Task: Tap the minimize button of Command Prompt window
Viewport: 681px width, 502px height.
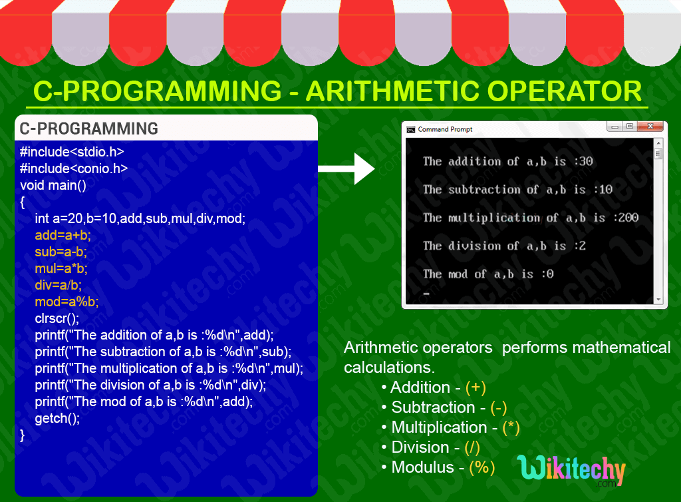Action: pyautogui.click(x=614, y=126)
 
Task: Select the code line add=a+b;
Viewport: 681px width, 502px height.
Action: pyautogui.click(x=63, y=235)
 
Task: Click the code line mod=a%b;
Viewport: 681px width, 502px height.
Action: pyautogui.click(x=67, y=302)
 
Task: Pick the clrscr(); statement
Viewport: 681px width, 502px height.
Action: pyautogui.click(x=57, y=318)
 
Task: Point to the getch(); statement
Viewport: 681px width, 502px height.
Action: pyautogui.click(x=57, y=418)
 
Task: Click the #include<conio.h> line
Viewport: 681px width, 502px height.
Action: pyautogui.click(x=74, y=168)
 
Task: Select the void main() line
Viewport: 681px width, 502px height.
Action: pyautogui.click(x=53, y=185)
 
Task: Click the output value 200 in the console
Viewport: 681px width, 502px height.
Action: pyautogui.click(x=628, y=218)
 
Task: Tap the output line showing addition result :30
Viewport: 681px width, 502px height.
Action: pyautogui.click(x=507, y=161)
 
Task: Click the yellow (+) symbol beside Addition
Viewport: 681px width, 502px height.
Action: pyautogui.click(x=476, y=387)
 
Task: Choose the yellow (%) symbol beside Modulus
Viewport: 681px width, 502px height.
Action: pyautogui.click(x=482, y=467)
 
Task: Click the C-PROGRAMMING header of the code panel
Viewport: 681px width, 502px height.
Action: pyautogui.click(x=89, y=128)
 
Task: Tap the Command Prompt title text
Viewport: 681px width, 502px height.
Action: pyautogui.click(x=445, y=129)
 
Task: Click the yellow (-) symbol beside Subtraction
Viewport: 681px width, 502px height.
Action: pyautogui.click(x=498, y=407)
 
